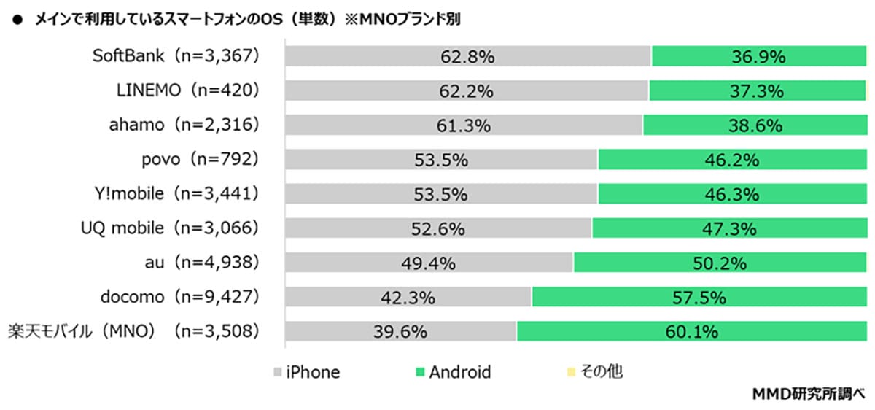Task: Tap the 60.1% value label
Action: coord(691,332)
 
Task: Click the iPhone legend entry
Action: coord(306,372)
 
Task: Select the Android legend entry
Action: coord(452,372)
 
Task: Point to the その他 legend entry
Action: coord(594,372)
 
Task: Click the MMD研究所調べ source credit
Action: coord(810,395)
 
